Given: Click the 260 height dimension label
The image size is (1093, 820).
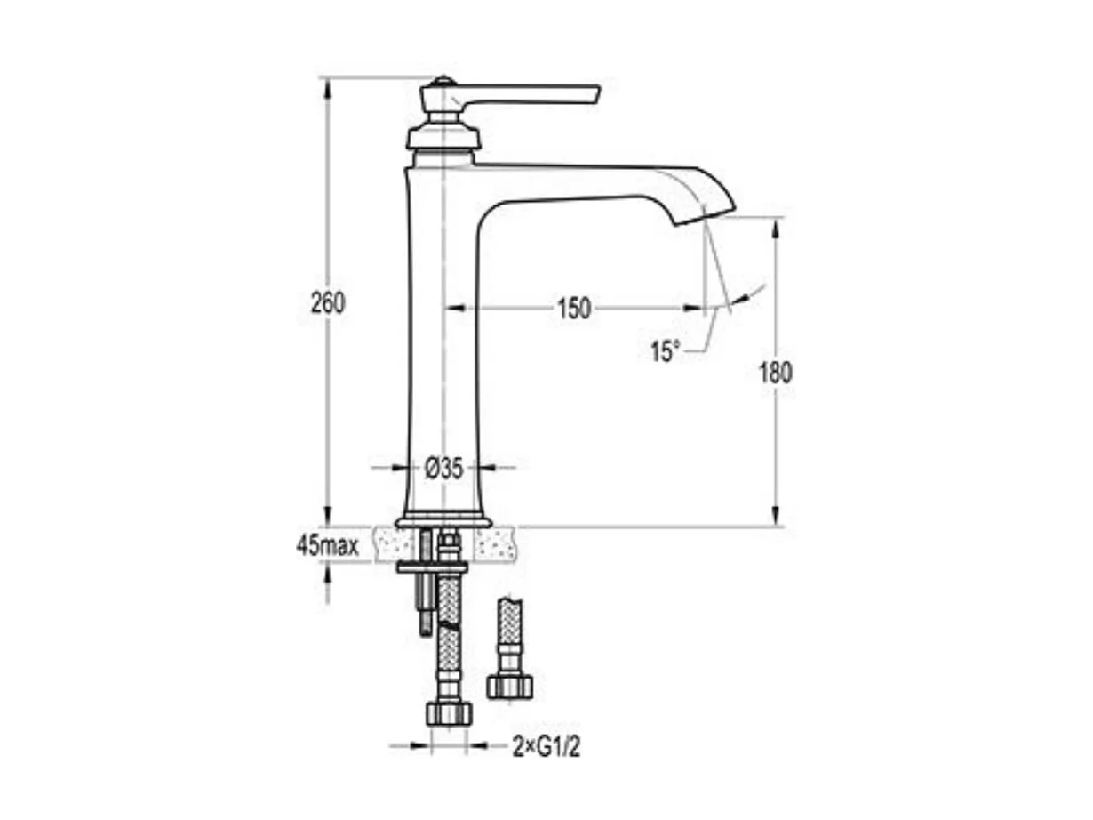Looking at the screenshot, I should [327, 303].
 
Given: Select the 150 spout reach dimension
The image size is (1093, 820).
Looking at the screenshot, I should [573, 309].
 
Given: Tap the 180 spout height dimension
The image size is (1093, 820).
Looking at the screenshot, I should [775, 373].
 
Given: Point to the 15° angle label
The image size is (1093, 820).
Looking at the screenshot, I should [663, 351].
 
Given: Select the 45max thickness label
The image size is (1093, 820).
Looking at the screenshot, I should [327, 545].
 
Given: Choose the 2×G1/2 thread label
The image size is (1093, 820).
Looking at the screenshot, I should [546, 747].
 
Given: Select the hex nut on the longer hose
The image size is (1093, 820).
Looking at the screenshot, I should [449, 711].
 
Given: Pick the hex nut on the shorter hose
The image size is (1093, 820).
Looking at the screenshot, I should [509, 685].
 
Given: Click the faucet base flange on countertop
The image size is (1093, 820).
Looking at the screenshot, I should [443, 521].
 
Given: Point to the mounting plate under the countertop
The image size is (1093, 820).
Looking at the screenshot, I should [432, 567].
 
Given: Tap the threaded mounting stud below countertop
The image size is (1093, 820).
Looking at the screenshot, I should [425, 605].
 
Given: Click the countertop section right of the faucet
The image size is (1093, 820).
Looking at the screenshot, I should [495, 543].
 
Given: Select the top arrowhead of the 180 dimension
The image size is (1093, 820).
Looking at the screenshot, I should [776, 223].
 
